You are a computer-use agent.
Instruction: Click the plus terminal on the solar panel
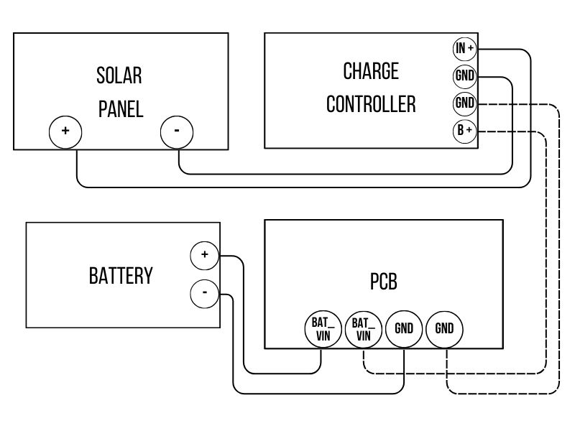coord(65,132)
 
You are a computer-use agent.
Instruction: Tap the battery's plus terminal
coord(205,255)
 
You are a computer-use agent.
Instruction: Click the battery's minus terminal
coord(205,293)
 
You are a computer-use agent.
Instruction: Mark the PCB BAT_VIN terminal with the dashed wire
coord(363,330)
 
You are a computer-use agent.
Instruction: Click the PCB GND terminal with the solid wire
coord(404,330)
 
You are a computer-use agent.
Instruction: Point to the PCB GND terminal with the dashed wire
coord(445,330)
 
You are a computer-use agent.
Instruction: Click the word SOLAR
coord(119,75)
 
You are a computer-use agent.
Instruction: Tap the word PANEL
coord(120,108)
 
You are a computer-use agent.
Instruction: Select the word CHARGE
coord(370,71)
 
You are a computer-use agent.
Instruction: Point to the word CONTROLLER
coord(370,104)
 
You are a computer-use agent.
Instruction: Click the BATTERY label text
coord(121,276)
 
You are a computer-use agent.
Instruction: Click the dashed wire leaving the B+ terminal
coord(546,251)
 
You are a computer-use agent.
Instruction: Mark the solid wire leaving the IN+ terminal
coord(530,115)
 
